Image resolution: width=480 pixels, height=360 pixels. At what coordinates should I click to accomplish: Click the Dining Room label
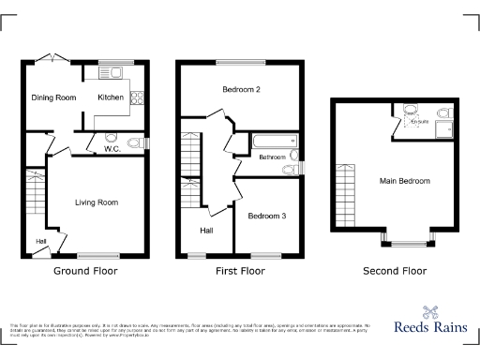pos(52,97)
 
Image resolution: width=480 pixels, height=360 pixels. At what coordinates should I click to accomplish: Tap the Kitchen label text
pos(112,97)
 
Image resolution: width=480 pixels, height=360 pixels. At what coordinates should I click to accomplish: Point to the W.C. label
pos(111,148)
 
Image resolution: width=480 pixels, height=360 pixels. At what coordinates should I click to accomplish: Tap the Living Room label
pos(97,202)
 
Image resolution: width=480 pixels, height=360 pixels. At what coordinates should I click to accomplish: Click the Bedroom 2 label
pos(241,90)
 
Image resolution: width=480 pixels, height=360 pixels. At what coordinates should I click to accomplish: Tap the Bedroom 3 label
pos(266,216)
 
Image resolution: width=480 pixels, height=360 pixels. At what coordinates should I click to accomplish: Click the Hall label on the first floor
pos(206,230)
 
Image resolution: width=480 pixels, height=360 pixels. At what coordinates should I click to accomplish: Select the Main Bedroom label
pos(405,181)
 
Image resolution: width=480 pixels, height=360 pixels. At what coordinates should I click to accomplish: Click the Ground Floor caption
pos(84,271)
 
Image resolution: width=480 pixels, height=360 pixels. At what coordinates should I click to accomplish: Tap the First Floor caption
pos(240,271)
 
